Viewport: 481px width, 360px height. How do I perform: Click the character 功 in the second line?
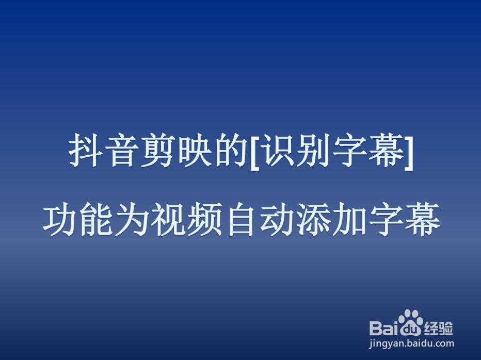pos(59,221)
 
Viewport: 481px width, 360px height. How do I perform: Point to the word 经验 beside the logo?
pos(439,327)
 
